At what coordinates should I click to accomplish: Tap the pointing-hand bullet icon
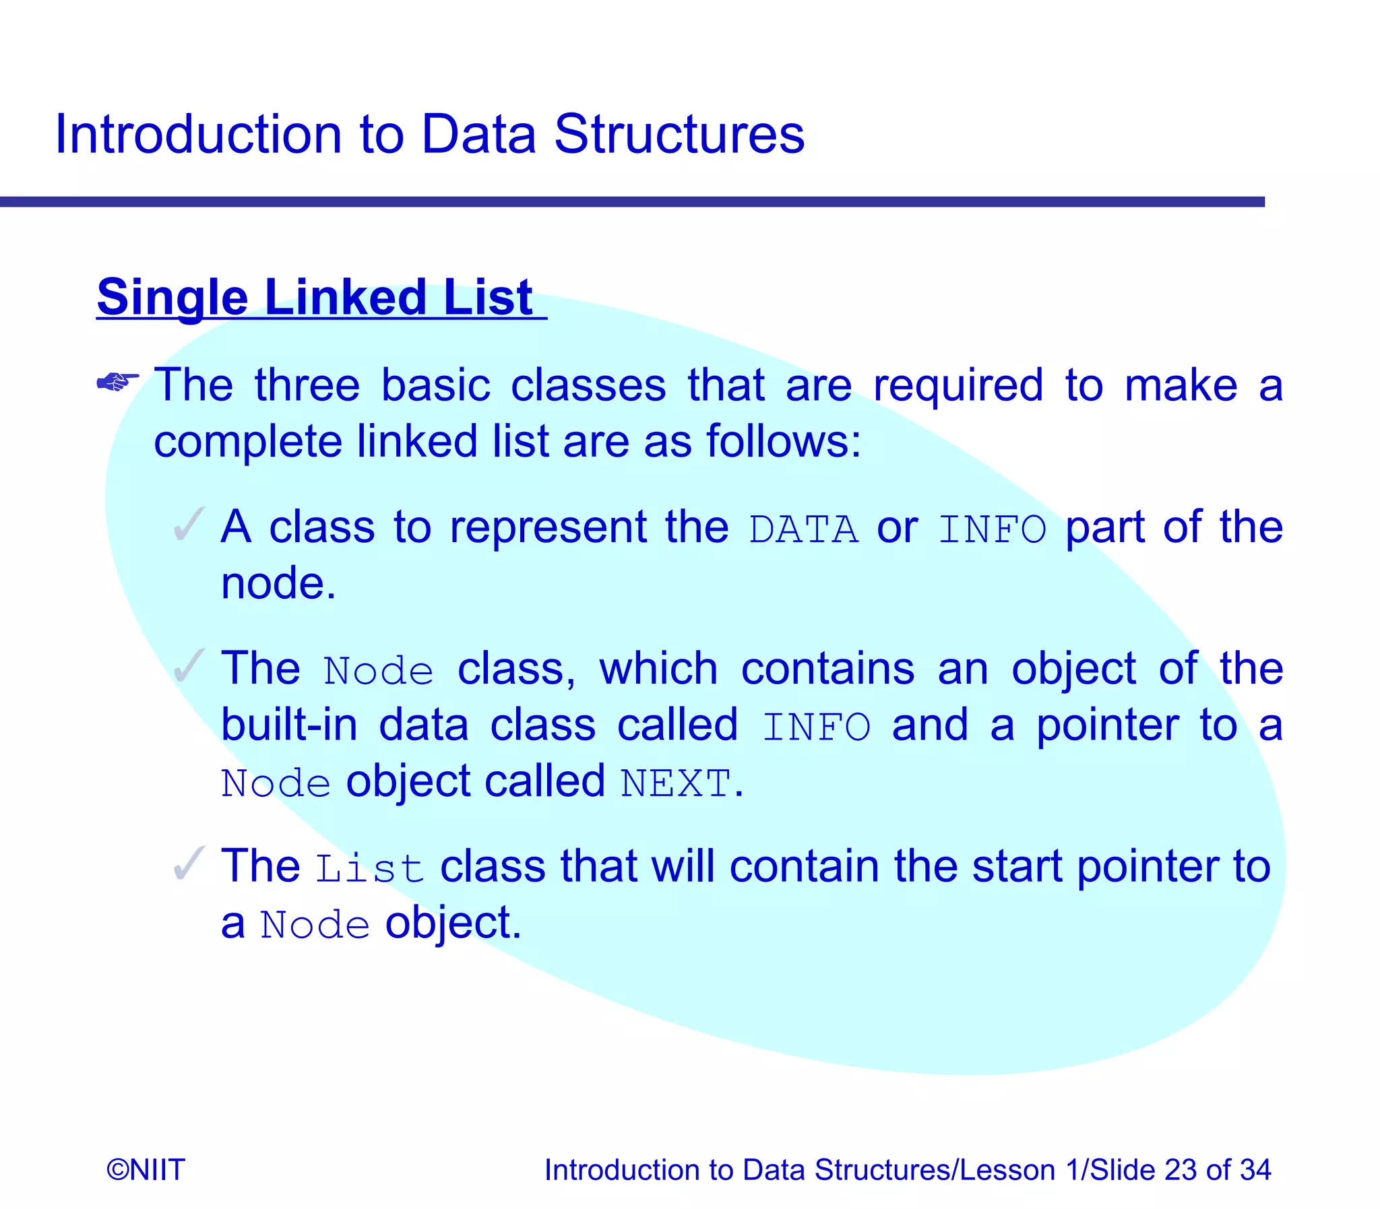pos(117,383)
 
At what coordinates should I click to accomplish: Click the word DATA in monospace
pos(803,529)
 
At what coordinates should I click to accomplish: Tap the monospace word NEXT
pos(676,784)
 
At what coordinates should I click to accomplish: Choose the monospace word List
pos(370,868)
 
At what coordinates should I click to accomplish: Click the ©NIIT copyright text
pos(146,1170)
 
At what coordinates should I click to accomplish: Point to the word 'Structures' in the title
pos(679,134)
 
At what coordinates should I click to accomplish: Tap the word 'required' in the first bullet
pos(958,386)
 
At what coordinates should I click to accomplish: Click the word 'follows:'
pos(784,442)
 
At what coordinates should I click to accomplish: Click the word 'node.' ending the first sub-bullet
pos(278,583)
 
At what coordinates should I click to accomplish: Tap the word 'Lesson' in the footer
pos(1007,1170)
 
